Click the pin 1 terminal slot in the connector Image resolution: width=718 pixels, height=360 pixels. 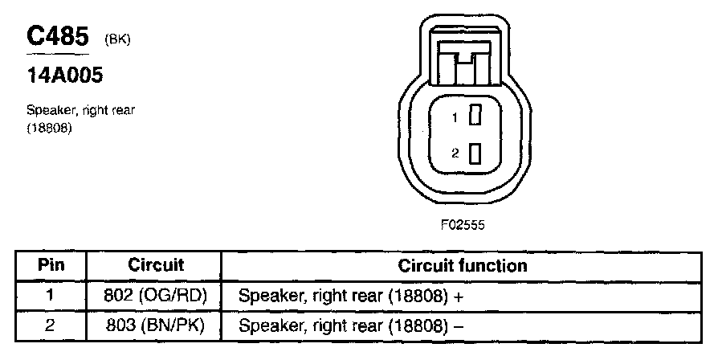click(475, 117)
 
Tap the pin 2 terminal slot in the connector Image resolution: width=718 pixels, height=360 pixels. click(475, 153)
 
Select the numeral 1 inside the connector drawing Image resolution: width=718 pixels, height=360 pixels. click(455, 118)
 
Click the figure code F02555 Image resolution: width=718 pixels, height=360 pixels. click(463, 226)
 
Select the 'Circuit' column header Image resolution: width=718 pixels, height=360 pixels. click(156, 265)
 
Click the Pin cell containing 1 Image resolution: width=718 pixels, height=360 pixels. click(50, 295)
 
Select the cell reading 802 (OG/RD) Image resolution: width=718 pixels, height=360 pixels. click(156, 295)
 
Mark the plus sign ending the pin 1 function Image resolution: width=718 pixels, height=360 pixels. click(459, 297)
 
